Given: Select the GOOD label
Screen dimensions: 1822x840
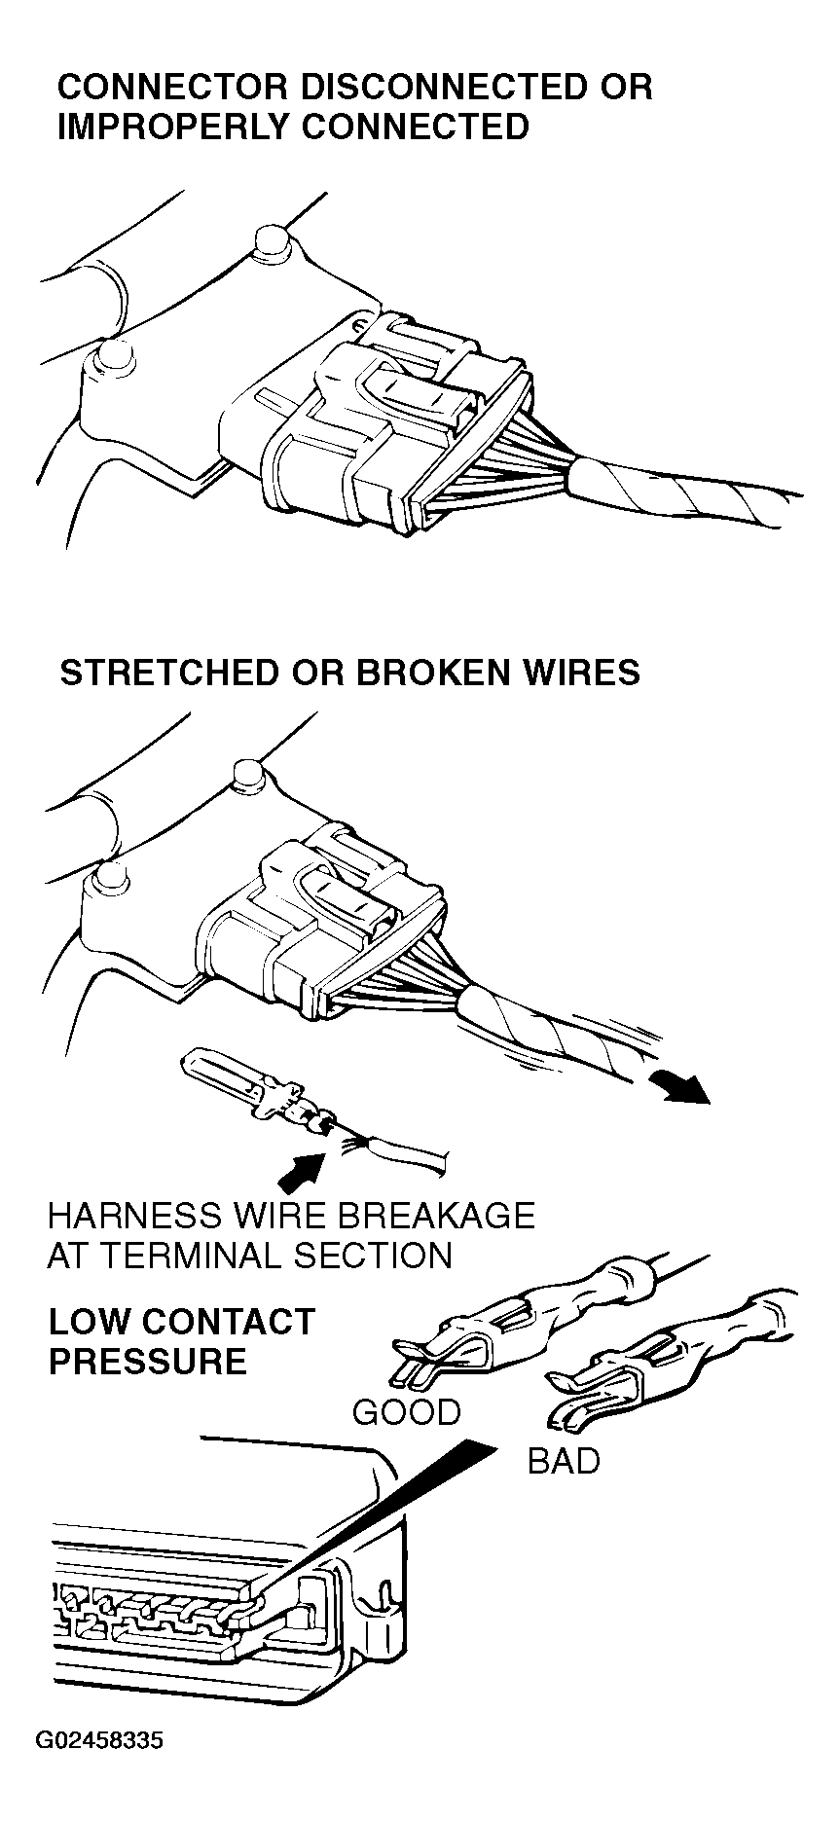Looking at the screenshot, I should (x=406, y=1411).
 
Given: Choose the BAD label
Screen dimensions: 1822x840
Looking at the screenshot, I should (x=564, y=1460).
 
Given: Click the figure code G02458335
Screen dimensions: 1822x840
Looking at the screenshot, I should (x=99, y=1740).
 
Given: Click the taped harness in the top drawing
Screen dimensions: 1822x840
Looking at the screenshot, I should (x=681, y=496).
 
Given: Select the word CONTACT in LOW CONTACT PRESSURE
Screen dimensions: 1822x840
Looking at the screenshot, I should (x=230, y=1322).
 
